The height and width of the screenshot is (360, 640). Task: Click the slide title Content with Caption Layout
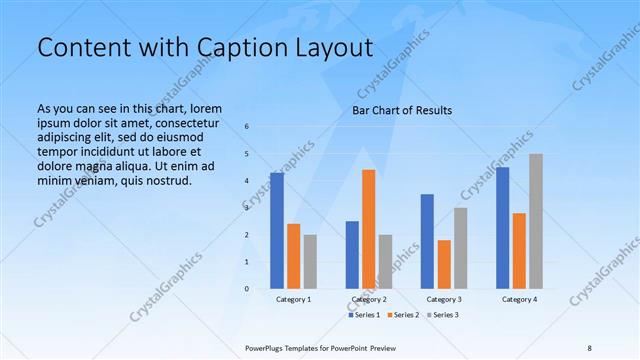pyautogui.click(x=204, y=47)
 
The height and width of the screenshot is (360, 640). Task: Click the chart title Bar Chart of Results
pyautogui.click(x=401, y=110)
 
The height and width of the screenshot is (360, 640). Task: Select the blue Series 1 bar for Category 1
pyautogui.click(x=276, y=230)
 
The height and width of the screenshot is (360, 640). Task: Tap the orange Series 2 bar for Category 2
pyautogui.click(x=368, y=229)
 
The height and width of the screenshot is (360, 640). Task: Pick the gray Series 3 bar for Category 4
pyautogui.click(x=536, y=221)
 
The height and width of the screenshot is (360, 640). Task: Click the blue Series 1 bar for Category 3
pyautogui.click(x=427, y=241)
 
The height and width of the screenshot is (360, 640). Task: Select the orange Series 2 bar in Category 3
pyautogui.click(x=444, y=264)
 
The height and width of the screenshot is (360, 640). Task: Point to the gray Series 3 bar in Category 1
pyautogui.click(x=310, y=261)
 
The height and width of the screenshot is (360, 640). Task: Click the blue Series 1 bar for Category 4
pyautogui.click(x=502, y=227)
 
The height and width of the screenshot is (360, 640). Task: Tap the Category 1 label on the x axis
pyautogui.click(x=293, y=299)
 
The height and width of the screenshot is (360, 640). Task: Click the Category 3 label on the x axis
pyautogui.click(x=444, y=299)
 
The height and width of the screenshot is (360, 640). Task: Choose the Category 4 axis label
pyautogui.click(x=519, y=299)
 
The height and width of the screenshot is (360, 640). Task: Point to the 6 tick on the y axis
pyautogui.click(x=247, y=127)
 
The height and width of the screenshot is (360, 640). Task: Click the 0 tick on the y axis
pyautogui.click(x=247, y=289)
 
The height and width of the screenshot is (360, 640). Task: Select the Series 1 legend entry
pyautogui.click(x=366, y=315)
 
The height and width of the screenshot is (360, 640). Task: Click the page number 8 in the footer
pyautogui.click(x=590, y=347)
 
